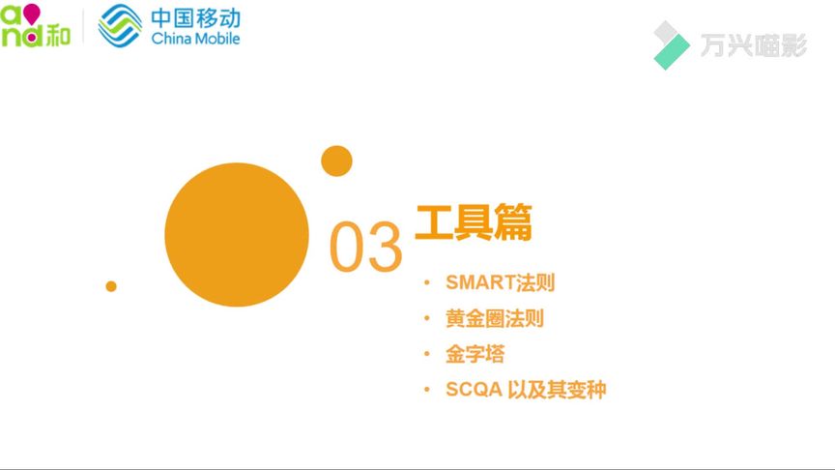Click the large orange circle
[237, 234]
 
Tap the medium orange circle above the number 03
[336, 161]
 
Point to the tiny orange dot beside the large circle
[111, 286]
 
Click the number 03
[365, 247]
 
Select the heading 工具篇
[474, 222]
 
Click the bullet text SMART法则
[500, 282]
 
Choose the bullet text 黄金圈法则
[495, 319]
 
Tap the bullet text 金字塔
[475, 354]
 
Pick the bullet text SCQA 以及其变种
[526, 390]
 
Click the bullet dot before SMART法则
[426, 282]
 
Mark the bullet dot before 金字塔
[426, 354]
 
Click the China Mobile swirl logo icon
[120, 25]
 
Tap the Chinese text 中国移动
[195, 18]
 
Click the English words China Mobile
[195, 39]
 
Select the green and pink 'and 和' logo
[35, 25]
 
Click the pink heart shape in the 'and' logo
[32, 14]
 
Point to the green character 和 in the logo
[58, 36]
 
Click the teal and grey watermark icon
[672, 45]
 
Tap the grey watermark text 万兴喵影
[754, 45]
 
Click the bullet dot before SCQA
[426, 390]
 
